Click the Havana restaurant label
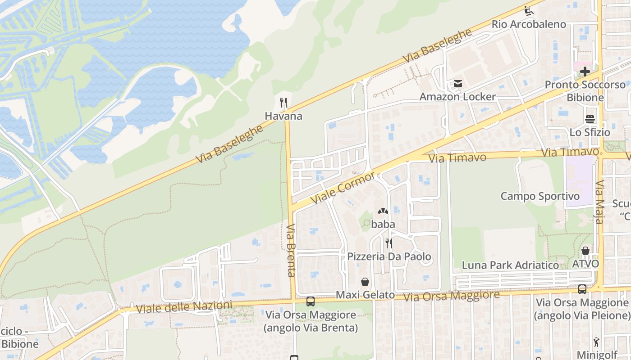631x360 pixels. (x=283, y=116)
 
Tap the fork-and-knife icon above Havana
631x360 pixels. (x=283, y=103)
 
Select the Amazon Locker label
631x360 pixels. (x=457, y=97)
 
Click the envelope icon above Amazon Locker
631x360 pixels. (x=458, y=84)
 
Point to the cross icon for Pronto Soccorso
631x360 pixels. (x=585, y=72)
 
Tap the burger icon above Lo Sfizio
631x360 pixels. (x=590, y=119)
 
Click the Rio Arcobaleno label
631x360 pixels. (x=529, y=24)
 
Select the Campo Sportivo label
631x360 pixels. (x=540, y=196)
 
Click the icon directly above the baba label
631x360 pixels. (x=383, y=211)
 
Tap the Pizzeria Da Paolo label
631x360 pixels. (x=389, y=257)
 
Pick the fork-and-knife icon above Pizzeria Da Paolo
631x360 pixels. (x=389, y=243)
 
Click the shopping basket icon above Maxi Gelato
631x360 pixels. (x=365, y=282)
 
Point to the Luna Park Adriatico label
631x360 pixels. (x=510, y=265)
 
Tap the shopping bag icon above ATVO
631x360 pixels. (x=585, y=251)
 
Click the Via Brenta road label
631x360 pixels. (x=291, y=250)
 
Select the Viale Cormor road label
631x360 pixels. (x=343, y=187)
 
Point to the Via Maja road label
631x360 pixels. (x=599, y=202)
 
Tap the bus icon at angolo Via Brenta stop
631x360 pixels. (x=310, y=301)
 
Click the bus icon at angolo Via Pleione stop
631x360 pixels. (x=582, y=289)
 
